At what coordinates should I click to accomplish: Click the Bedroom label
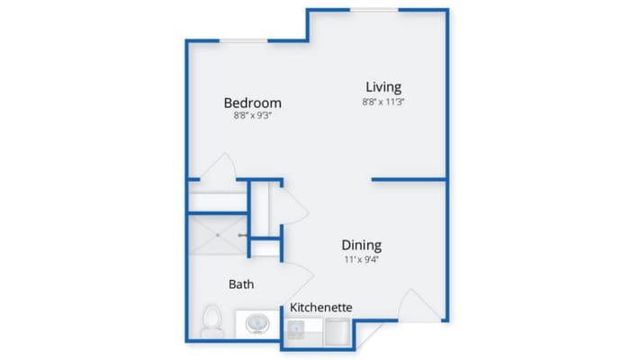(x=252, y=103)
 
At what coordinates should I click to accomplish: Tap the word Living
(x=383, y=86)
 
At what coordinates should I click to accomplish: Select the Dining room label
(x=361, y=245)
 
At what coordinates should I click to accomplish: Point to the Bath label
(x=240, y=284)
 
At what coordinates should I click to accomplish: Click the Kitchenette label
(x=321, y=308)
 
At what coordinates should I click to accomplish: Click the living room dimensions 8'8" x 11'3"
(x=383, y=102)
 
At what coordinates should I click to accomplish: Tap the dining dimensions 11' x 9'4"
(x=361, y=259)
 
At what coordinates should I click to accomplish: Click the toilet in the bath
(x=212, y=321)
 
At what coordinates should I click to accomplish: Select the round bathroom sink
(x=259, y=322)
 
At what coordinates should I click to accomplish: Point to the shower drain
(x=217, y=236)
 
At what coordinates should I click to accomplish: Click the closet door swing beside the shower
(x=293, y=205)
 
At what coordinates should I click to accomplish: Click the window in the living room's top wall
(x=374, y=10)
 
